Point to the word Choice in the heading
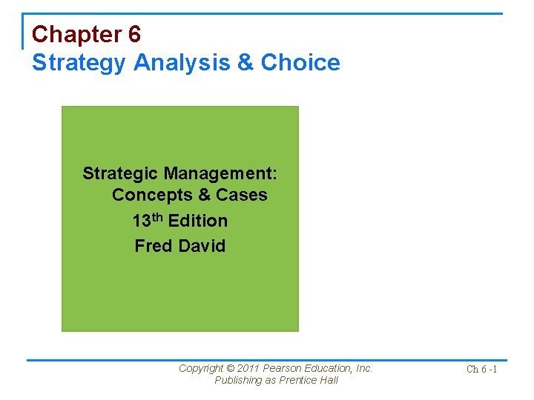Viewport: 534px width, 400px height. pos(300,62)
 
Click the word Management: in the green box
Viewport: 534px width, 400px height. pos(220,173)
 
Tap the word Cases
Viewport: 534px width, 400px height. pos(242,195)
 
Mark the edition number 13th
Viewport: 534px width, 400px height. pos(148,220)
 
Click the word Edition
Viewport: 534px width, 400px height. pos(198,221)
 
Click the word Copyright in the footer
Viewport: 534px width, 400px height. pos(200,368)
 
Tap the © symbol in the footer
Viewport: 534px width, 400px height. pos(230,368)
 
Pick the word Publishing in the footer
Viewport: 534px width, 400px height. pos(238,380)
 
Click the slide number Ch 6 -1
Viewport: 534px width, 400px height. pos(481,369)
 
